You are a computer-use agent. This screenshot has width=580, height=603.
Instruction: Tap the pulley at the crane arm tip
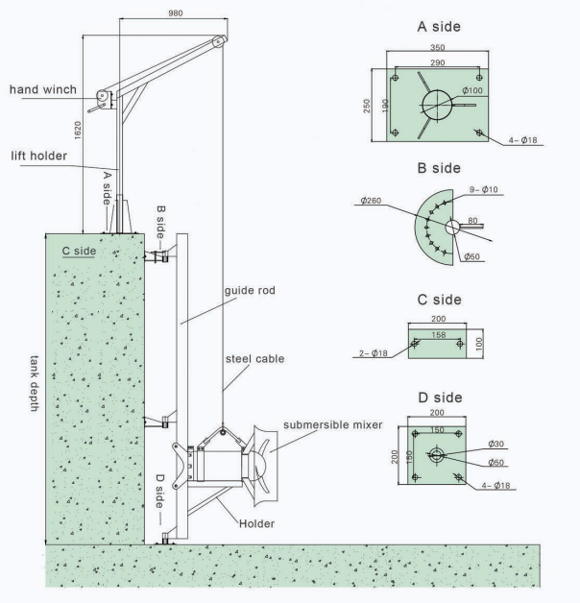(x=219, y=41)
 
